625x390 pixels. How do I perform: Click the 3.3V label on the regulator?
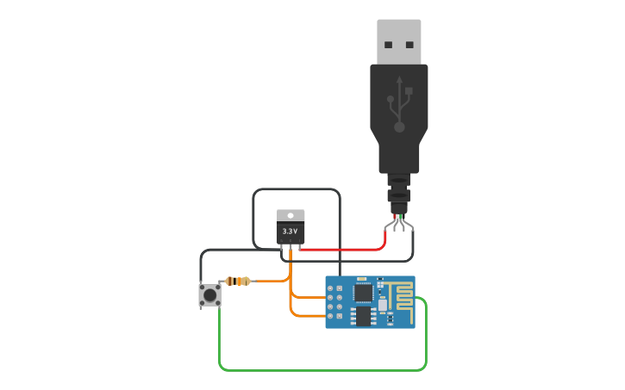coord(291,232)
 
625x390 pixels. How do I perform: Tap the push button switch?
coord(209,295)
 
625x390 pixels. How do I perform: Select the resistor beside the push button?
coord(238,281)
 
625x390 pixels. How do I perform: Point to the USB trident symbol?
coord(399,103)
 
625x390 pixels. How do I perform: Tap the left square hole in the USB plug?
coord(389,44)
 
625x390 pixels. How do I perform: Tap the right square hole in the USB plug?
coord(409,44)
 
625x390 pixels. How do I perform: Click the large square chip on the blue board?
coord(363,293)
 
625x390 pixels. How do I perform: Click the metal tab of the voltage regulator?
coord(291,215)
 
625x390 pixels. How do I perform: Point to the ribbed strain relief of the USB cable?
coord(398,191)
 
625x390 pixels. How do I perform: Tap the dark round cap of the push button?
coord(209,295)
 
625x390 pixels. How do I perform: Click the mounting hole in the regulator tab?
coord(291,215)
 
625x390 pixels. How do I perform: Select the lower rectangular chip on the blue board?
coord(363,317)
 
